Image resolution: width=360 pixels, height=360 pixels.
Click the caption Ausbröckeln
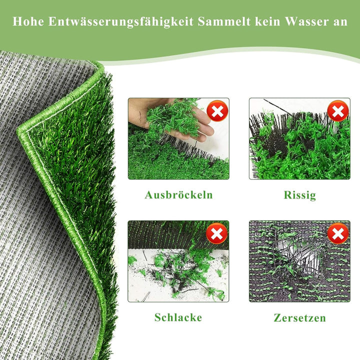pyautogui.click(x=178, y=195)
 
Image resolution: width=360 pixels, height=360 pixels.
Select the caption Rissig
pyautogui.click(x=299, y=195)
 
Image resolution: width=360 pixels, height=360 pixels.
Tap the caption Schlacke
pyautogui.click(x=178, y=317)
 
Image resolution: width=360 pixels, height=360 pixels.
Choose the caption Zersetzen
pyautogui.click(x=299, y=317)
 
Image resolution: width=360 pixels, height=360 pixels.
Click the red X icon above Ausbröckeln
pyautogui.click(x=217, y=111)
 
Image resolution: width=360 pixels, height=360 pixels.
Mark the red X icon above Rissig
pyautogui.click(x=338, y=110)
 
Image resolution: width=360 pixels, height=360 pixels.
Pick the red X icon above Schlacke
pyautogui.click(x=216, y=233)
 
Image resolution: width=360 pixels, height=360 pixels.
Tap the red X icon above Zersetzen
pyautogui.click(x=338, y=233)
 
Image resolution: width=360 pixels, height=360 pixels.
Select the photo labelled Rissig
pyautogui.click(x=299, y=138)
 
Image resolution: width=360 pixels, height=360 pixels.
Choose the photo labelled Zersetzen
pyautogui.click(x=299, y=261)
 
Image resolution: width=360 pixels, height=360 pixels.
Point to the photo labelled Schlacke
pyautogui.click(x=178, y=261)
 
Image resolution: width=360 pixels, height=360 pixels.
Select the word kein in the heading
pyautogui.click(x=267, y=22)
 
